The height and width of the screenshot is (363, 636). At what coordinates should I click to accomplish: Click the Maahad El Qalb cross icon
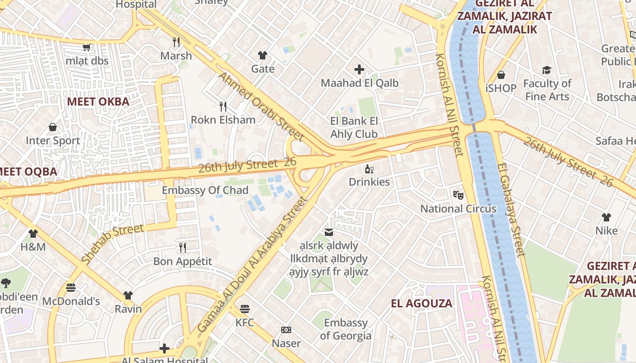pyautogui.click(x=359, y=69)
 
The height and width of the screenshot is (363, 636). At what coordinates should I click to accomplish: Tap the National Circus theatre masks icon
pyautogui.click(x=458, y=195)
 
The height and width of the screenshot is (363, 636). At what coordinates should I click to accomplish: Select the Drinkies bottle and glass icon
pyautogui.click(x=369, y=169)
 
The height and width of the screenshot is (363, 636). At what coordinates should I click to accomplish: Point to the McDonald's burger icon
pyautogui.click(x=71, y=288)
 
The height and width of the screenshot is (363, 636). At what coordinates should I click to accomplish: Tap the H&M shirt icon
pyautogui.click(x=33, y=234)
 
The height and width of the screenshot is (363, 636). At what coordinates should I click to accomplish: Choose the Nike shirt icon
pyautogui.click(x=606, y=217)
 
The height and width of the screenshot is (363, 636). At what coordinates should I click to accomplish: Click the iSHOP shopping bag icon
pyautogui.click(x=501, y=75)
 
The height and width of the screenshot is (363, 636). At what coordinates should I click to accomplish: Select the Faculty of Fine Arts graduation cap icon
pyautogui.click(x=547, y=70)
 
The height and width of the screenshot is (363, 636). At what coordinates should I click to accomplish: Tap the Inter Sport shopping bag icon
pyautogui.click(x=53, y=127)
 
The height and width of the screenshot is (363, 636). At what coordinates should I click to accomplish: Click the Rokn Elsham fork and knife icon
pyautogui.click(x=223, y=107)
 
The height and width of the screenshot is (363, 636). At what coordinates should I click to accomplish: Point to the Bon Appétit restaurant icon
pyautogui.click(x=183, y=248)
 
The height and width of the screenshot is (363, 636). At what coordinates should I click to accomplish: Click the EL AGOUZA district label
pyautogui.click(x=422, y=304)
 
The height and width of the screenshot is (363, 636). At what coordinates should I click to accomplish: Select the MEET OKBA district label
pyautogui.click(x=98, y=102)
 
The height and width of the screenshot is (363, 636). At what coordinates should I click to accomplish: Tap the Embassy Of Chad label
pyautogui.click(x=205, y=190)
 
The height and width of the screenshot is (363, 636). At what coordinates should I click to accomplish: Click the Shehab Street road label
pyautogui.click(x=112, y=244)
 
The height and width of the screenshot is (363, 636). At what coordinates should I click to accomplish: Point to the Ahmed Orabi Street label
pyautogui.click(x=261, y=106)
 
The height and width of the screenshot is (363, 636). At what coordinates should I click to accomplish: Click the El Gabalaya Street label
pyautogui.click(x=511, y=210)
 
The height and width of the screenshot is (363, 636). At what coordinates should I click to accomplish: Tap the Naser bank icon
pyautogui.click(x=286, y=330)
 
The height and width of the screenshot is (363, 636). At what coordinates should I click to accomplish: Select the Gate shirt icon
pyautogui.click(x=263, y=55)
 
